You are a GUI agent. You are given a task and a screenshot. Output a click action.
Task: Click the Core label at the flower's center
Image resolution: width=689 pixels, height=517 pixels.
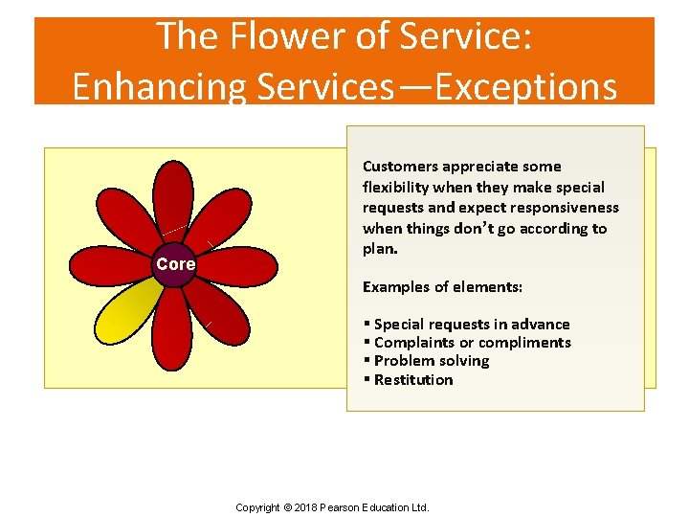(175, 264)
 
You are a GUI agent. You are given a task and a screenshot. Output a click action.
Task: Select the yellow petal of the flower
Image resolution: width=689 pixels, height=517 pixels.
(132, 312)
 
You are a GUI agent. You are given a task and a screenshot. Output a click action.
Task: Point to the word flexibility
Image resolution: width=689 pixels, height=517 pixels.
(394, 188)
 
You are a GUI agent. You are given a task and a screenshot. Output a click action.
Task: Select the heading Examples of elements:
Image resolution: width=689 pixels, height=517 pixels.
(442, 287)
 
